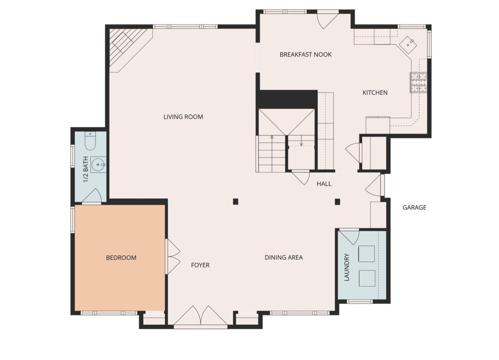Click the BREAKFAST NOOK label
(x=305, y=55)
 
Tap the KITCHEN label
(x=375, y=92)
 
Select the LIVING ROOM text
(x=183, y=117)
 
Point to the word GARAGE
(x=414, y=208)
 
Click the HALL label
(x=324, y=184)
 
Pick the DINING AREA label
(x=284, y=258)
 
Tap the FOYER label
(x=200, y=265)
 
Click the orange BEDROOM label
(x=121, y=258)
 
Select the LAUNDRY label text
(x=347, y=267)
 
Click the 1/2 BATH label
(x=86, y=169)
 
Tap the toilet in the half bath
(x=90, y=141)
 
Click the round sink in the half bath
(x=98, y=165)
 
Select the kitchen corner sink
(x=408, y=45)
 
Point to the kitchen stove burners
(x=419, y=82)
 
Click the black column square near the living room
(x=235, y=201)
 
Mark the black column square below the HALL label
(x=337, y=202)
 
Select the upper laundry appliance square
(x=366, y=254)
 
